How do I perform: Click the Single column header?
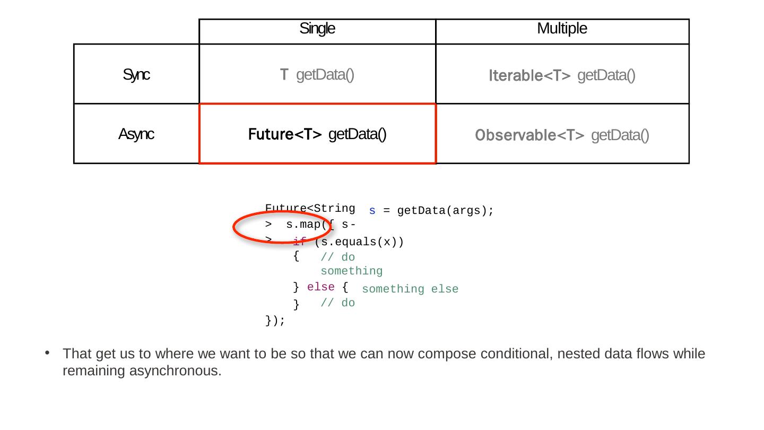pos(317,29)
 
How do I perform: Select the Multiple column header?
pos(562,29)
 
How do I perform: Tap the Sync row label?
pos(136,75)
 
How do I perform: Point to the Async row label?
pos(136,134)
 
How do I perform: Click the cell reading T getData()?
pos(317,75)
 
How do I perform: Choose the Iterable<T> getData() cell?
pos(562,75)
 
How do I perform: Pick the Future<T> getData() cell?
pos(317,134)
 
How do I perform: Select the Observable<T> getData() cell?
pos(562,135)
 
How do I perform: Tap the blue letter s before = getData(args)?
pos(372,211)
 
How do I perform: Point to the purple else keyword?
pos(321,287)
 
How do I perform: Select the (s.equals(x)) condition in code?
pos(359,242)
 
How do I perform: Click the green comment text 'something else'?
pos(410,289)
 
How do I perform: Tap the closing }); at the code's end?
pos(275,321)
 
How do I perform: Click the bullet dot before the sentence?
pos(47,353)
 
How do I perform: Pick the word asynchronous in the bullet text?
pos(175,371)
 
